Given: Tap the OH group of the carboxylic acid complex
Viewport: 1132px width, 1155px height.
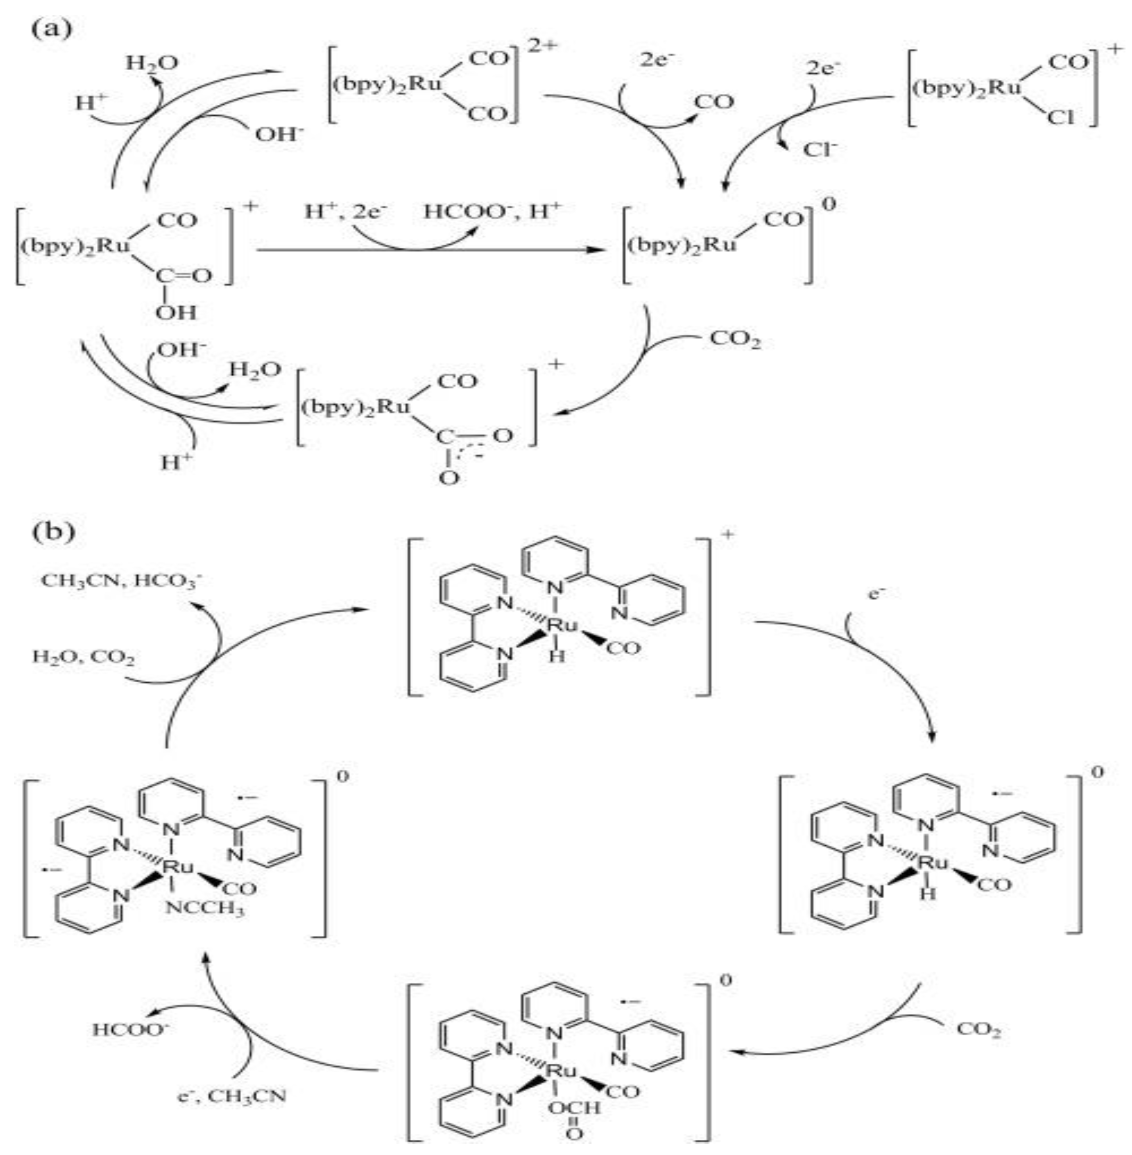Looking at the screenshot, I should point(176,312).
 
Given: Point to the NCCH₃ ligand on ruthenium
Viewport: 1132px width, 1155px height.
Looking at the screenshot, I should point(205,909).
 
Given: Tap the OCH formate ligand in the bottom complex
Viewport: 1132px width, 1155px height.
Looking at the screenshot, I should point(574,1108).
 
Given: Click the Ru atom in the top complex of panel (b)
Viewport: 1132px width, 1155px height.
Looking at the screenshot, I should point(561,624).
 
